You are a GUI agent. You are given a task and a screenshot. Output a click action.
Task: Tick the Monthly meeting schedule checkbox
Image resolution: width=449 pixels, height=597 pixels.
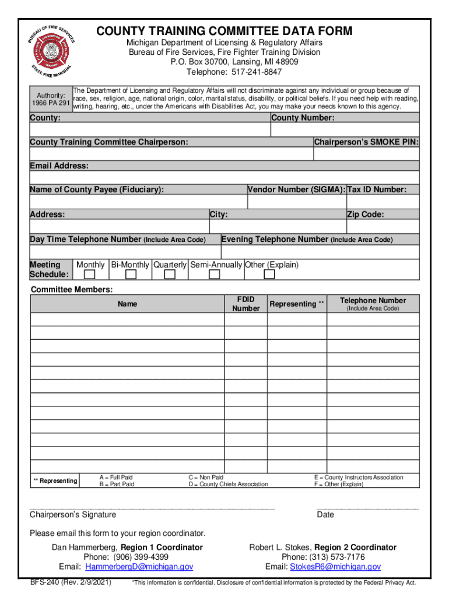tap(90, 275)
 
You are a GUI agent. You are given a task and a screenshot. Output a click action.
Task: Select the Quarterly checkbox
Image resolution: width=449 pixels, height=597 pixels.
tap(169, 275)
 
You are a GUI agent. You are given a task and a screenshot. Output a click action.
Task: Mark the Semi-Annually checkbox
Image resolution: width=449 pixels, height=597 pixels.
tap(215, 275)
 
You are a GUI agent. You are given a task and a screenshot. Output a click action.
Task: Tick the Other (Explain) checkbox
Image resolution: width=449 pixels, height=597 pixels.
tap(271, 275)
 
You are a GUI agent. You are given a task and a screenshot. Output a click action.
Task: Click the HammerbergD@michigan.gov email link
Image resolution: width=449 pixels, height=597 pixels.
tap(139, 567)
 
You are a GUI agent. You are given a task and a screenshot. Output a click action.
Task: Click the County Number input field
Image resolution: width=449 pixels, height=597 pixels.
tap(345, 129)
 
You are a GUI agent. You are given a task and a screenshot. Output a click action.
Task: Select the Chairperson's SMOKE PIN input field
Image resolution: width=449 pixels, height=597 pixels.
tap(366, 153)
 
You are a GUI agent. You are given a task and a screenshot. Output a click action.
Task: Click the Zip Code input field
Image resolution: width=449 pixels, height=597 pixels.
tap(383, 226)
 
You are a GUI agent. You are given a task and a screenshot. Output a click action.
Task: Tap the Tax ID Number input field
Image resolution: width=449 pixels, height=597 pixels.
tap(383, 201)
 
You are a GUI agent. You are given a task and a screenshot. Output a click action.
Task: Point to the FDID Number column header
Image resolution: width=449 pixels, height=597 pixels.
tap(245, 304)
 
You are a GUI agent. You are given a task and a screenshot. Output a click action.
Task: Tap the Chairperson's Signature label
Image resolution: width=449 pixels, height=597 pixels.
tap(73, 514)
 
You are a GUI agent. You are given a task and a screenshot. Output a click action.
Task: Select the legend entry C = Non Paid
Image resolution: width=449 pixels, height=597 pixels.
tap(205, 477)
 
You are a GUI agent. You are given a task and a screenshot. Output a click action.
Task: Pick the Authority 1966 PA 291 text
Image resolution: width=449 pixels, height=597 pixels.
tap(50, 99)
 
